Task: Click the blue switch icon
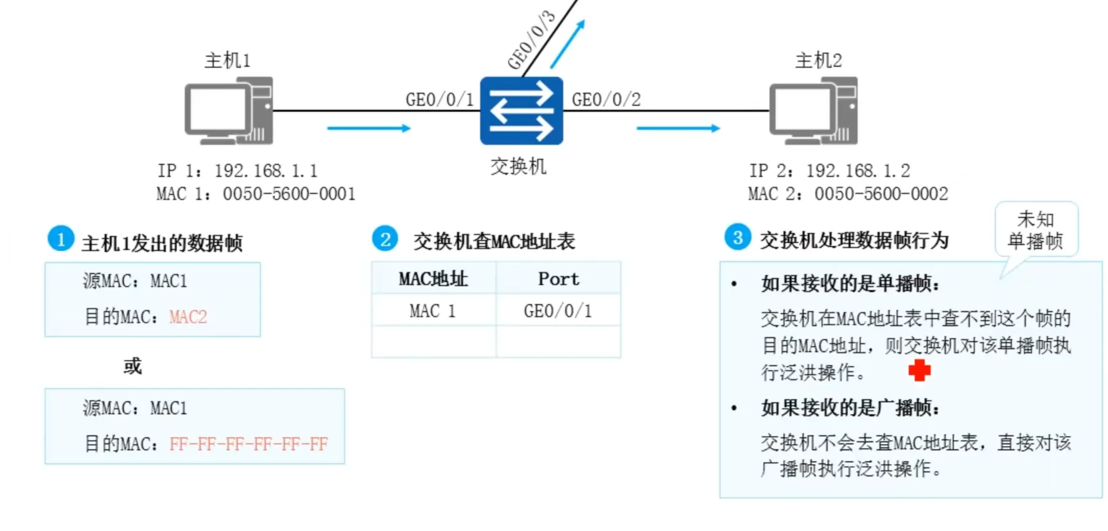click(x=521, y=111)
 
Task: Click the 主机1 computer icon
click(x=229, y=111)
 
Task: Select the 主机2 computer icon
click(x=813, y=111)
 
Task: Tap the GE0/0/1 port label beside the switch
click(x=439, y=100)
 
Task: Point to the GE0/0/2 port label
click(x=606, y=100)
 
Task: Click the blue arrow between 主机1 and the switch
click(x=369, y=128)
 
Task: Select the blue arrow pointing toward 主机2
click(x=678, y=128)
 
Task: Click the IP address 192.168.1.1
click(x=266, y=171)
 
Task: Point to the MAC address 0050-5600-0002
click(x=881, y=194)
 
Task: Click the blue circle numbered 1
click(x=61, y=239)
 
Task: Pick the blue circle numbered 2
click(x=385, y=239)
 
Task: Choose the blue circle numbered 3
click(x=738, y=237)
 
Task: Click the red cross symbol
click(x=919, y=370)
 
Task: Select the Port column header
click(x=559, y=279)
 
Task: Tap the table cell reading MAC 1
click(x=433, y=311)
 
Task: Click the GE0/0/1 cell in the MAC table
click(x=558, y=311)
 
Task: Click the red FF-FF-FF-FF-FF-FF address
click(x=249, y=444)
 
